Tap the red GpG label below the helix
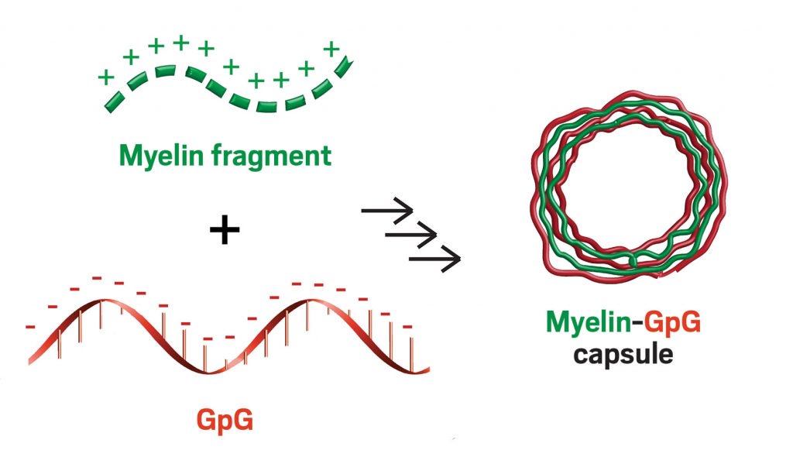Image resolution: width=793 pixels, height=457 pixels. coord(225,422)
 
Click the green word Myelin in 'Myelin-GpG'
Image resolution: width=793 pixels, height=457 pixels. coord(586,321)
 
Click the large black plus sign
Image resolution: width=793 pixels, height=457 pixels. coord(225,230)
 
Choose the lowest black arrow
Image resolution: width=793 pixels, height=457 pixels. coord(434,256)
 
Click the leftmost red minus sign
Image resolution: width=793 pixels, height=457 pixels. coord(30,326)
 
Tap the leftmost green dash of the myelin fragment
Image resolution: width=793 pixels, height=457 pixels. coord(114,101)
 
